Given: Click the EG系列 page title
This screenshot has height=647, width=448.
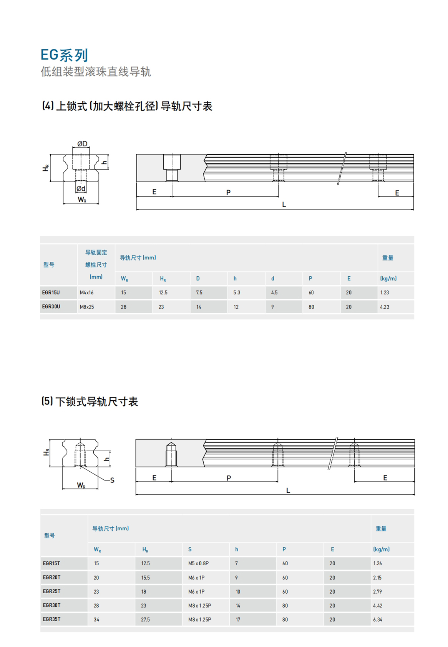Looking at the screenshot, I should tap(64, 55).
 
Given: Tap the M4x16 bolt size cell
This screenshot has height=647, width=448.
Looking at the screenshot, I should tap(87, 292).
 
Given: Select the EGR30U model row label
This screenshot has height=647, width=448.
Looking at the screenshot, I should tap(51, 307).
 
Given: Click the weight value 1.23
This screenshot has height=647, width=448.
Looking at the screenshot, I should tap(385, 292).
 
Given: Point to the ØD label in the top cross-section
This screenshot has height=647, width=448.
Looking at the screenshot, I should tap(82, 144).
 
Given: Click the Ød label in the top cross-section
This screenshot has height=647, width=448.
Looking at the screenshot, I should tap(81, 188).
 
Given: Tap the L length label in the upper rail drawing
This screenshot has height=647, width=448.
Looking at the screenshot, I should tap(284, 205).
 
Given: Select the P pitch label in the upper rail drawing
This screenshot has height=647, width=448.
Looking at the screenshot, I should tap(228, 192).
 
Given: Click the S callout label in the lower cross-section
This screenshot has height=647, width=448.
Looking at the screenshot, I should tap(112, 480).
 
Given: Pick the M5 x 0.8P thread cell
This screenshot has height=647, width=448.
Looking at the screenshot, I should tap(198, 563).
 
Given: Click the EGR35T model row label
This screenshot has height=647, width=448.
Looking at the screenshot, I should tap(51, 619).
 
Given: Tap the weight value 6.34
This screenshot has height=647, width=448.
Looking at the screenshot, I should tap(378, 619).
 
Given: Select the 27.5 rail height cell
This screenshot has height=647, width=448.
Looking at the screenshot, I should tap(145, 619).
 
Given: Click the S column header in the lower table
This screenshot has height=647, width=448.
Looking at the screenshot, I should tap(190, 550).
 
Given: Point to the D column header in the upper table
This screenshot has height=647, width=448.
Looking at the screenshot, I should tap(198, 279).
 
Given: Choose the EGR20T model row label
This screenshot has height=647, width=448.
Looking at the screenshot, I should tap(51, 577).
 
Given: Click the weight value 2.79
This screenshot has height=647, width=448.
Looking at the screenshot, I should tap(378, 591).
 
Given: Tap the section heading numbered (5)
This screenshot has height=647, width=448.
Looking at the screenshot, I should tap(90, 402).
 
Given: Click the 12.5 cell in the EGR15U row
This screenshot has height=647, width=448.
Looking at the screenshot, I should tap(163, 292).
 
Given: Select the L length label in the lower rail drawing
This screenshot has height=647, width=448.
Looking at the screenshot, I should tap(288, 490).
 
